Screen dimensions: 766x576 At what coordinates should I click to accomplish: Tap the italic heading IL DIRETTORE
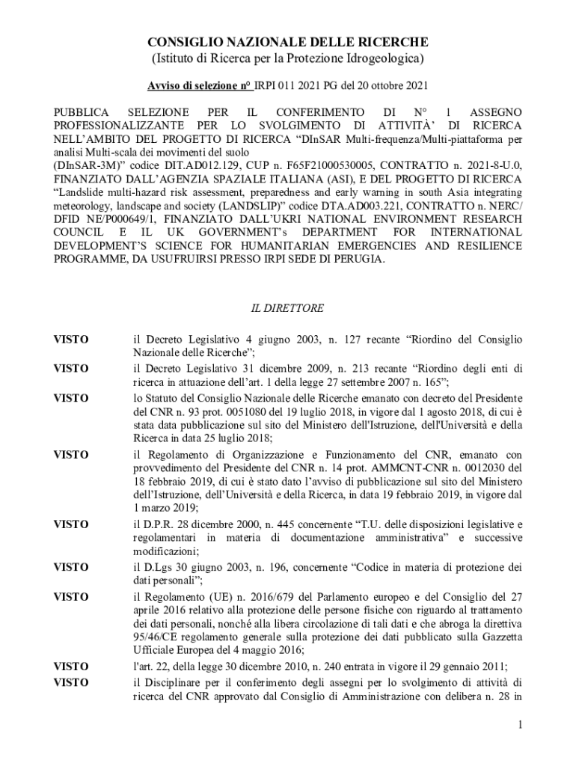[x=287, y=308]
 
